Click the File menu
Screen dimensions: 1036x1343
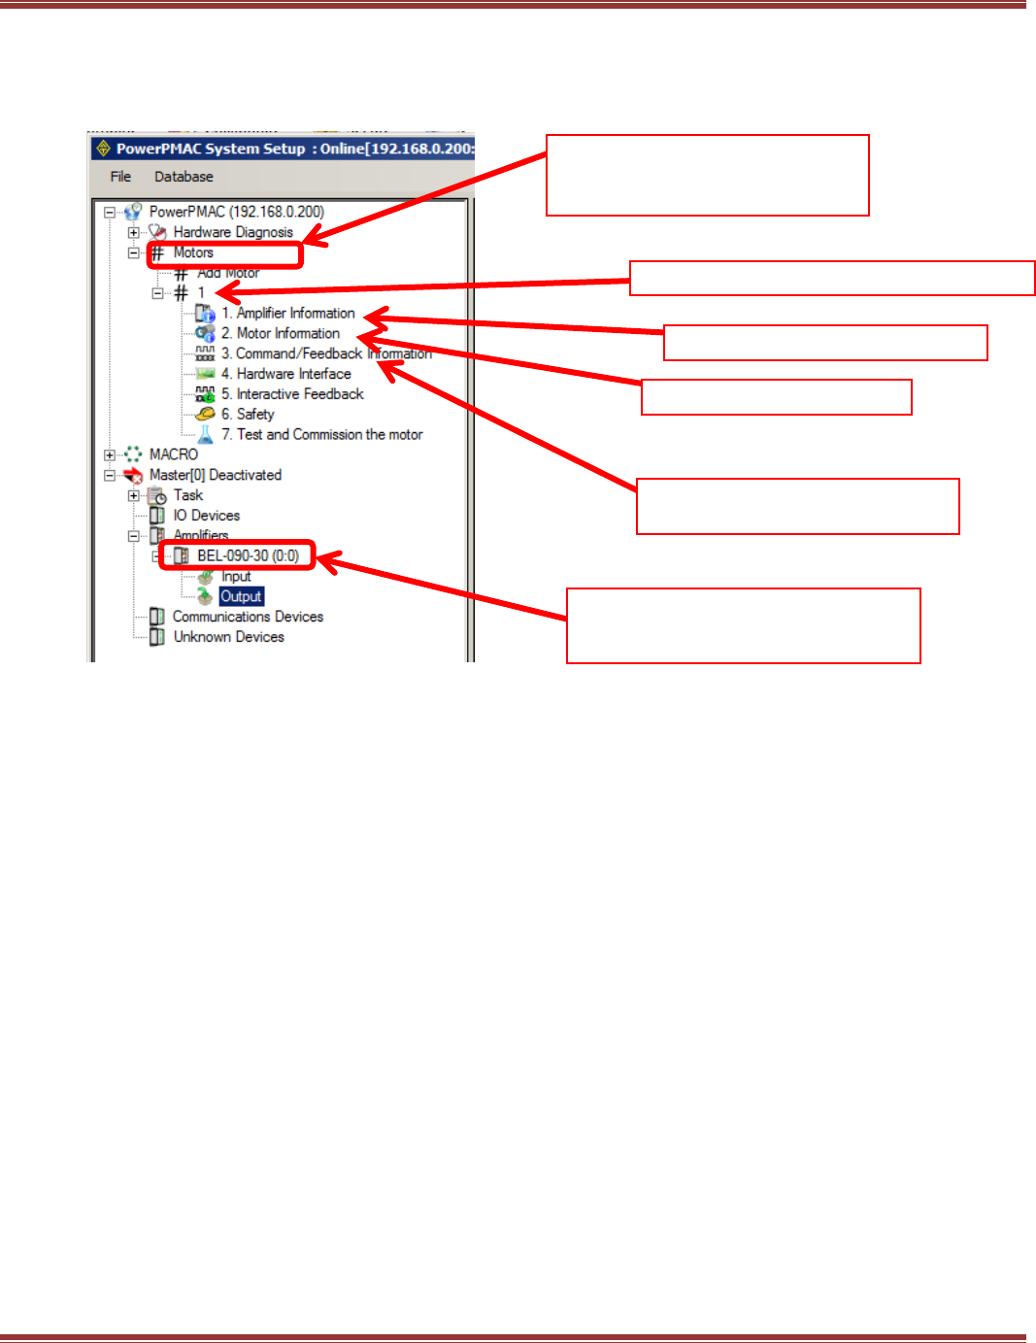(120, 177)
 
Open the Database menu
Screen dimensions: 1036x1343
(184, 177)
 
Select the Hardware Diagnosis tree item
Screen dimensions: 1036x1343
(233, 232)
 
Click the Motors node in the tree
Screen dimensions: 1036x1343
(193, 252)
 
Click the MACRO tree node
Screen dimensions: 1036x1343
(174, 454)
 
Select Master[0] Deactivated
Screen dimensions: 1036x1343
(215, 475)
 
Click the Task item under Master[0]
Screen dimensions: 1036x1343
(188, 495)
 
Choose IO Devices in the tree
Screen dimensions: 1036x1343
(206, 516)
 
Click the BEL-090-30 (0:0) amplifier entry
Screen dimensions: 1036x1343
(248, 555)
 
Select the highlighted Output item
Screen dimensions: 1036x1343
(241, 596)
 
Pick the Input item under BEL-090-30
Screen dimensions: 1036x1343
(236, 576)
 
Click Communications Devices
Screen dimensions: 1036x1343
(248, 617)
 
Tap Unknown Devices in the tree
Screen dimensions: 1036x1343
(228, 637)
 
